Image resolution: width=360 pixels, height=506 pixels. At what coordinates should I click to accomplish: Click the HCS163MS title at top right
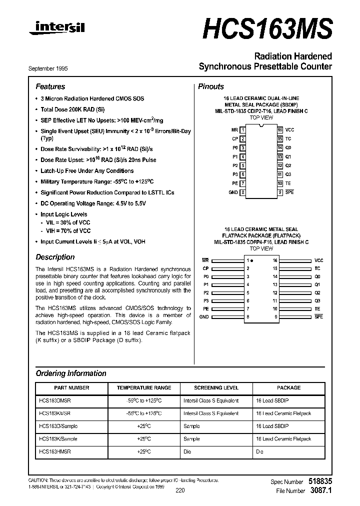point(267,28)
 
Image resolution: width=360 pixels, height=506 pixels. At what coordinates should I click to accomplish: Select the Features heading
point(50,86)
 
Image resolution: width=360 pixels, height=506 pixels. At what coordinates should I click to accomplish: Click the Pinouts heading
point(211,86)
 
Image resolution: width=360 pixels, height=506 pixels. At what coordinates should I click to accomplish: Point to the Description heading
point(55,257)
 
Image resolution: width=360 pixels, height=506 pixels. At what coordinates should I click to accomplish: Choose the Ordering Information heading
point(70,373)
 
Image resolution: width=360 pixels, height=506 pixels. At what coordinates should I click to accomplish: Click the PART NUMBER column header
point(71,387)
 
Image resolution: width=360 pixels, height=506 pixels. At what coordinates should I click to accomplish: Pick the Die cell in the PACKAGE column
point(259,451)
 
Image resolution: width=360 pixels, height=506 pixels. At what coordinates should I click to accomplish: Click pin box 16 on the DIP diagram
point(280,130)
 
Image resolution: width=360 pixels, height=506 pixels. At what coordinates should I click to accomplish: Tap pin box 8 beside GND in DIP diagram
point(243,192)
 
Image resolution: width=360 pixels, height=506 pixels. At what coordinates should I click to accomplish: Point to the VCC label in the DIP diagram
point(289,130)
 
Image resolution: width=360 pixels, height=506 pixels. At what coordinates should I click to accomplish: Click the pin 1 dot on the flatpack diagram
point(252,261)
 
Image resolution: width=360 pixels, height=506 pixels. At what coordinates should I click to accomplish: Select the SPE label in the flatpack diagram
point(318,316)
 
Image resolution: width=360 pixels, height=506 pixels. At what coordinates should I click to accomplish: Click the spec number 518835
point(320,481)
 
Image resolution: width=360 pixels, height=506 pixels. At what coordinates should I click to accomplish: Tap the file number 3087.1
point(322,490)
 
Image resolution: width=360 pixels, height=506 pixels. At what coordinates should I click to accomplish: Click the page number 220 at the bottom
point(180,490)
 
